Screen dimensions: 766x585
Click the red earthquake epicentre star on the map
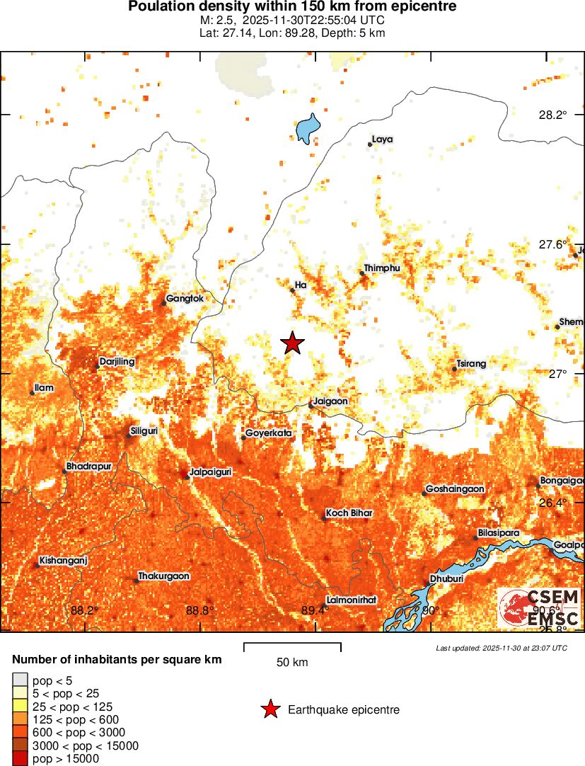coord(293,343)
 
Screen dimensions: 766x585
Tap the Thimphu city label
coord(382,268)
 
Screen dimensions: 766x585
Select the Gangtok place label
coord(185,299)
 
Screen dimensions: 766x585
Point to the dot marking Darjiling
coord(98,366)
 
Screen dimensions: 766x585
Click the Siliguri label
coord(144,430)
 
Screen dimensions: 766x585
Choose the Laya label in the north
coord(382,139)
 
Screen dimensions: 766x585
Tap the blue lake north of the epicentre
coord(306,129)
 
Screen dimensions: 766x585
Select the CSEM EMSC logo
coord(540,607)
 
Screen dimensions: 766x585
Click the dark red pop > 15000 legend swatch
coord(21,759)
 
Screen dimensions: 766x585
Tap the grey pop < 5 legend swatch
coord(21,681)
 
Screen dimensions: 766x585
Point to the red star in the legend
coord(270,709)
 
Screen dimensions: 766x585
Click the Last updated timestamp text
coord(501,648)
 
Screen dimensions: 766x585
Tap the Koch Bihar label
coord(349,513)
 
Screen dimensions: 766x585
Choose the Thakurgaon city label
coord(163,576)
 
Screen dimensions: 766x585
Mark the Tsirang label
coord(472,364)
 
